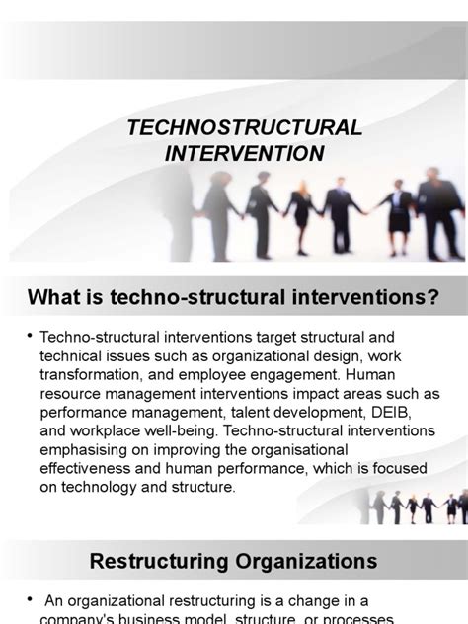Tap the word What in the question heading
[x=54, y=297]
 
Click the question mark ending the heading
[x=431, y=297]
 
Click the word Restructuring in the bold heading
[x=156, y=562]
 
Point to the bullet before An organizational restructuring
[x=33, y=600]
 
